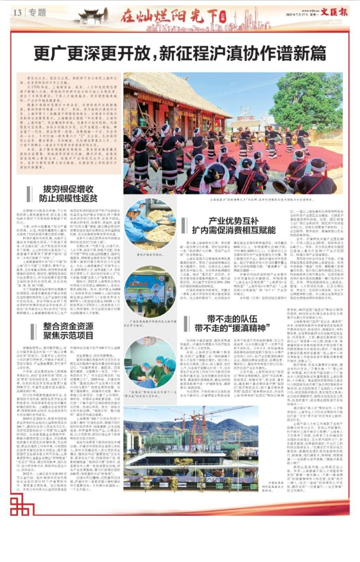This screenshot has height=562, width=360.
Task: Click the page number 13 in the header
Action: (x=17, y=12)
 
